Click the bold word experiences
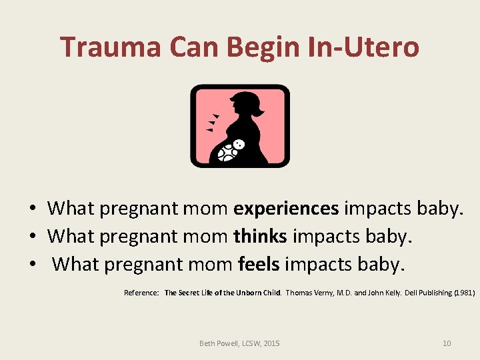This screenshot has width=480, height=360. tap(286, 209)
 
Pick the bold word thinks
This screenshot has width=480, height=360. tap(260, 237)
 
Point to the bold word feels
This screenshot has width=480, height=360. tap(259, 265)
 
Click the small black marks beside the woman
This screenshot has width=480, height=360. tap(213, 123)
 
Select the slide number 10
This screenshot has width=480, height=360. tap(447, 343)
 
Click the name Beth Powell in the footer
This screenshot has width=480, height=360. tap(218, 343)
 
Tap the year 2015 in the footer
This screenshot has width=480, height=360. tap(271, 343)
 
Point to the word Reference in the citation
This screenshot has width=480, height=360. tap(141, 293)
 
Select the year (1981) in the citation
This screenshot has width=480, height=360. tap(464, 293)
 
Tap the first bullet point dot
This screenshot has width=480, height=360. tap(32, 209)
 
